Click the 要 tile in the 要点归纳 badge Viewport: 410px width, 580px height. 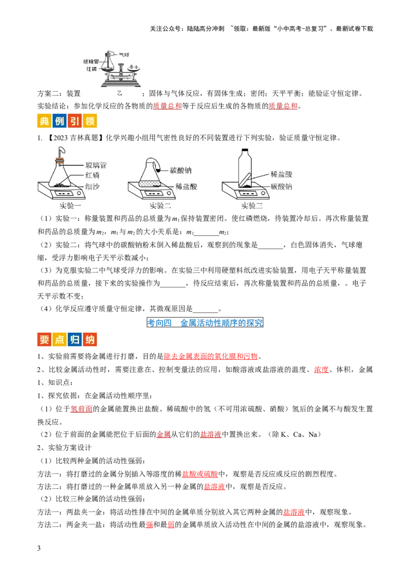44,340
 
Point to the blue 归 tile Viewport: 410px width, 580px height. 74,340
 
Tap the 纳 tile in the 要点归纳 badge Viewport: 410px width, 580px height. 90,340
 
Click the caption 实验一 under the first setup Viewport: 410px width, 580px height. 71,206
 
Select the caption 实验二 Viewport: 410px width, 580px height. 160,206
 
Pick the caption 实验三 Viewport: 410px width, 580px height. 252,206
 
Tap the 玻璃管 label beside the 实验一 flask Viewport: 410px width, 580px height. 96,165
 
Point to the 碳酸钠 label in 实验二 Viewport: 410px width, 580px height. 180,170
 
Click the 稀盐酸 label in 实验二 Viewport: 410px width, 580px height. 186,187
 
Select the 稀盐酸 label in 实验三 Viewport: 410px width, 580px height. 281,175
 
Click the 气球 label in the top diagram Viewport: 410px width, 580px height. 124,53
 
